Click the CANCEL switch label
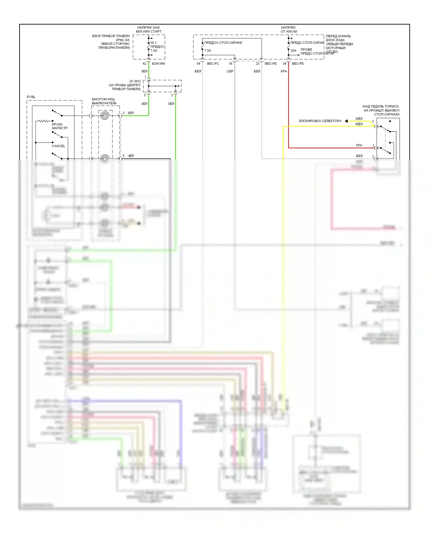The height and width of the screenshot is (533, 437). click(x=58, y=146)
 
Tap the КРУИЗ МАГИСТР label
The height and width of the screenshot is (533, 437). click(x=59, y=126)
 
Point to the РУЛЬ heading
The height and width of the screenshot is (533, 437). click(x=31, y=97)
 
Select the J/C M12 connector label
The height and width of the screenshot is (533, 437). click(x=135, y=81)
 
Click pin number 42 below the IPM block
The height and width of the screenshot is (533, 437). click(x=145, y=64)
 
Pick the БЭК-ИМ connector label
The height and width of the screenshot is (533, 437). click(x=158, y=64)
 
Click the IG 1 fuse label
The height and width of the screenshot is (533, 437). click(x=154, y=43)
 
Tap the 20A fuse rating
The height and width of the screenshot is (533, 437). click(x=293, y=51)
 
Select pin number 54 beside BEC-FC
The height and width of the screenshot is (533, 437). click(x=198, y=64)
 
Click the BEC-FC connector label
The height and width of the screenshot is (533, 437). click(x=213, y=64)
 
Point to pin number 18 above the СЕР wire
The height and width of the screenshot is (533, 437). click(x=231, y=64)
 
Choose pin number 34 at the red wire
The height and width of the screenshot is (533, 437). click(x=284, y=64)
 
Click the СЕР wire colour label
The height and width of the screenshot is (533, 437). click(x=230, y=71)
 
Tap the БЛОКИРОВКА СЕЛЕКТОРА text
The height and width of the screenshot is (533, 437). click(x=320, y=121)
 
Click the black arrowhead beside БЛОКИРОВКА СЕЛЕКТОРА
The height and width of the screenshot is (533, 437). click(x=346, y=121)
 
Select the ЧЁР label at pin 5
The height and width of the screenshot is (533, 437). click(x=131, y=156)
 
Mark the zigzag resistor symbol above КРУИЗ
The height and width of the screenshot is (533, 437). click(x=44, y=121)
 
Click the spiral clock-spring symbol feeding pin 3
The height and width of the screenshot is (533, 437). click(x=105, y=116)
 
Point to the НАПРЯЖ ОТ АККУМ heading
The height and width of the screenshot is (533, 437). click(x=288, y=29)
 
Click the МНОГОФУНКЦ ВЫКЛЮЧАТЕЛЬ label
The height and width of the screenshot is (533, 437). click(x=104, y=101)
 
